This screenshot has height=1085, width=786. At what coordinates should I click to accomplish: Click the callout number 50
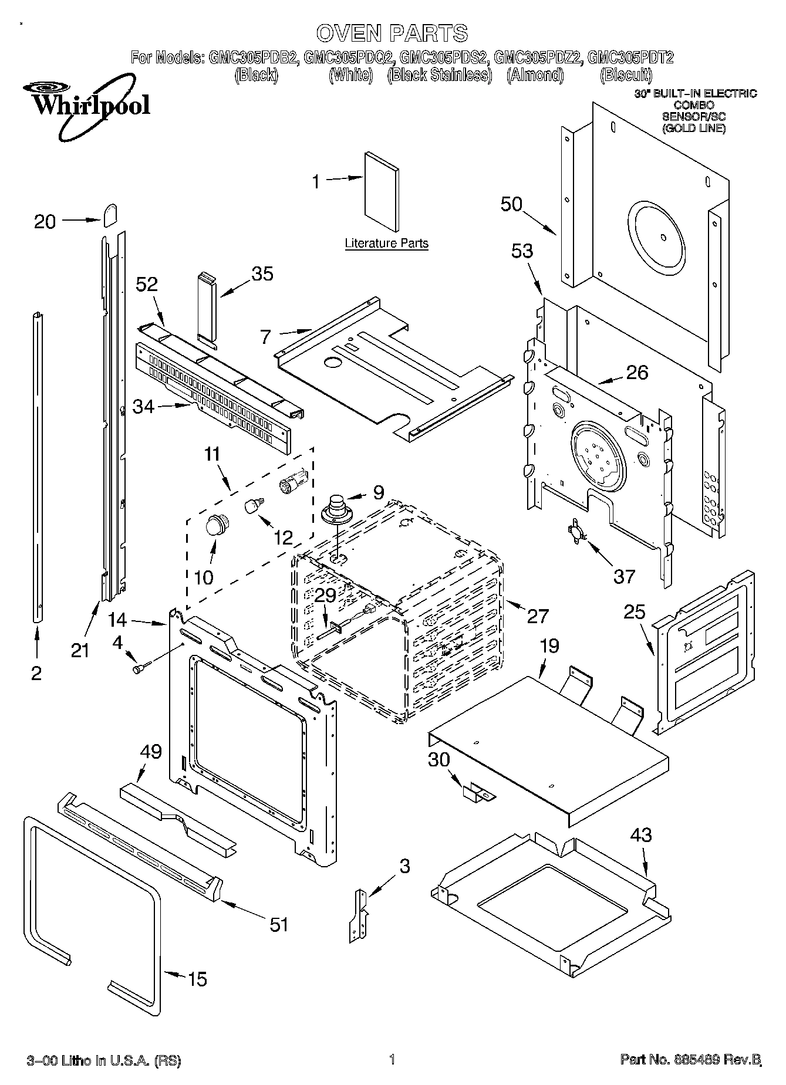click(511, 204)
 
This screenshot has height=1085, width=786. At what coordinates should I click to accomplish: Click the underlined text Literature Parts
click(386, 243)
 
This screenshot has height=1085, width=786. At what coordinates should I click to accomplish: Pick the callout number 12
click(283, 538)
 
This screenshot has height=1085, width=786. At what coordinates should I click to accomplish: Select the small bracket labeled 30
click(478, 793)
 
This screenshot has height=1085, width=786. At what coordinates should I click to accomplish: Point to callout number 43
click(641, 834)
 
